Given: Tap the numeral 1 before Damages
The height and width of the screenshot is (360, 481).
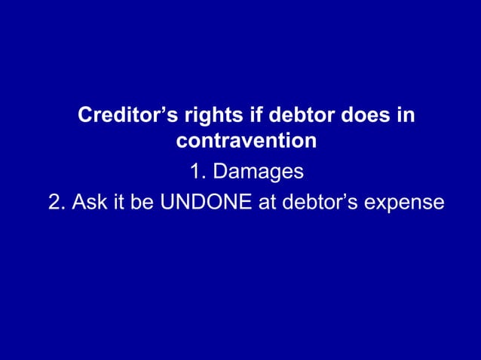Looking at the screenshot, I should [x=194, y=172].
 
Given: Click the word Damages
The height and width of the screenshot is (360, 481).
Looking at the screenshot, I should [x=258, y=172].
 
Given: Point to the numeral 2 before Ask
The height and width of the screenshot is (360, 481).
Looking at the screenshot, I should [x=54, y=203].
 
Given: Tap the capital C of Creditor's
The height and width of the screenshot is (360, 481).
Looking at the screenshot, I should [x=86, y=117].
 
